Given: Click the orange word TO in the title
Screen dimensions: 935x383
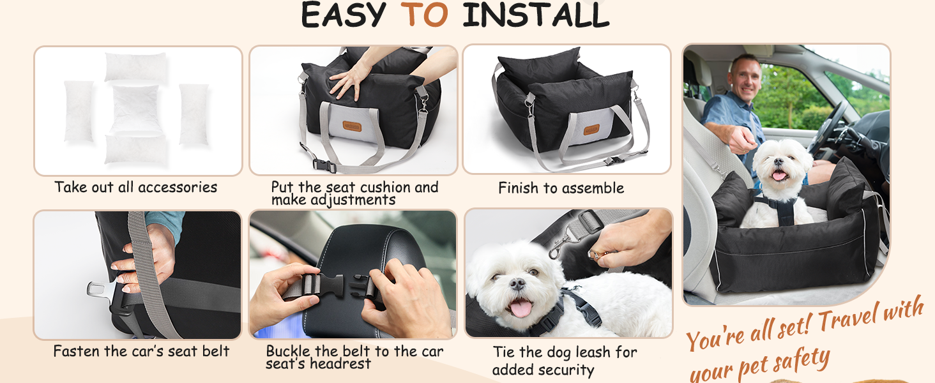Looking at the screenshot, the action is tap(424, 15).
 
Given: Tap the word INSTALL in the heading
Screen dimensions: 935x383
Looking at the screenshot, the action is tap(536, 15).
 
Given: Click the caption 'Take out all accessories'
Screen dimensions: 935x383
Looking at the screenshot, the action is tap(135, 187).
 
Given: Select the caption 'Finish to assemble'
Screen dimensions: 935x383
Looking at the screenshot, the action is tap(561, 188).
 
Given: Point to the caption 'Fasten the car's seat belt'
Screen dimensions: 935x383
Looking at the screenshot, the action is tap(142, 351).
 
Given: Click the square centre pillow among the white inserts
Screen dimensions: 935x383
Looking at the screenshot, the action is tap(135, 109).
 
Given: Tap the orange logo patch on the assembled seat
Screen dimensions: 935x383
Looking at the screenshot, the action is tap(591, 130).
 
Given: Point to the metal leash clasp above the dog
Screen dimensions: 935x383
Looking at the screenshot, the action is tap(560, 246).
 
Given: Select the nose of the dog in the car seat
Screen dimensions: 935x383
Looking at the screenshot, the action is tap(779, 161).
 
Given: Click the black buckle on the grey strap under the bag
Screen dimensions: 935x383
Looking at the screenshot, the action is tap(324, 165).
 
